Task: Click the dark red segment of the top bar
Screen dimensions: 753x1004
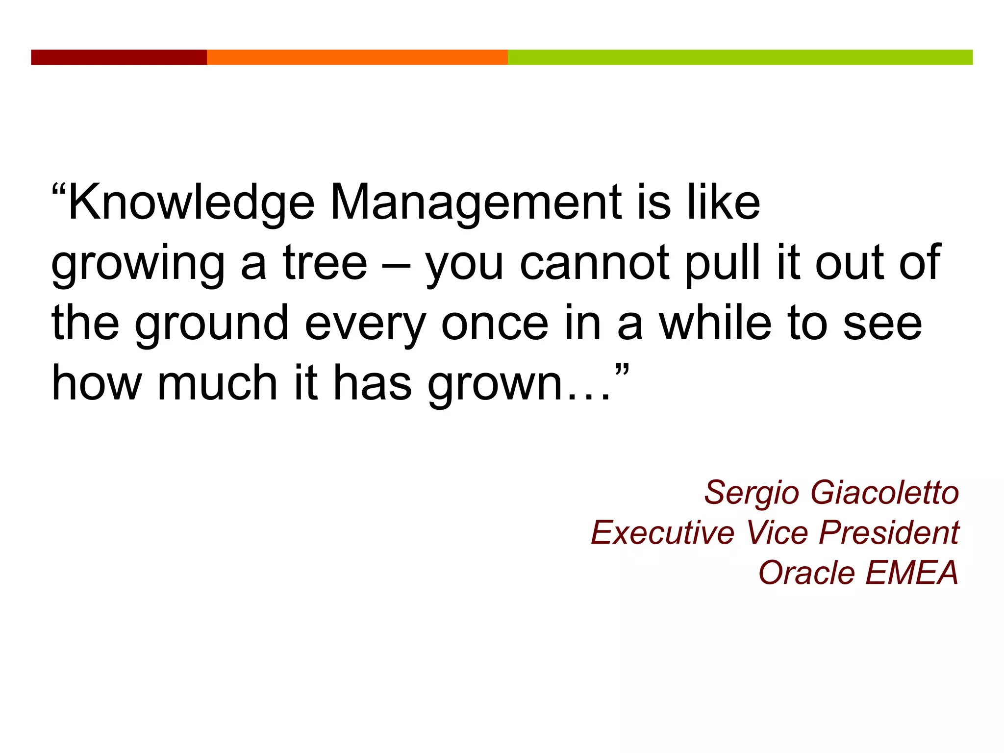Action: click(119, 57)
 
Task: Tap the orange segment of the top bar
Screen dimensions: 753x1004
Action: click(357, 57)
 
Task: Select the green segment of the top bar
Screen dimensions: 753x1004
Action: click(740, 57)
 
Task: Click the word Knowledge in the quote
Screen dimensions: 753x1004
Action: click(191, 203)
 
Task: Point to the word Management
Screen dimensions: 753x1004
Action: click(476, 203)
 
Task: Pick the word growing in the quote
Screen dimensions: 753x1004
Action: click(138, 265)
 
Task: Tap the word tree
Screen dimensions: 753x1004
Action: click(325, 263)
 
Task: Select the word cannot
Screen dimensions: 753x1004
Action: click(594, 263)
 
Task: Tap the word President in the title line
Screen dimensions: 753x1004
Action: click(889, 532)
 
